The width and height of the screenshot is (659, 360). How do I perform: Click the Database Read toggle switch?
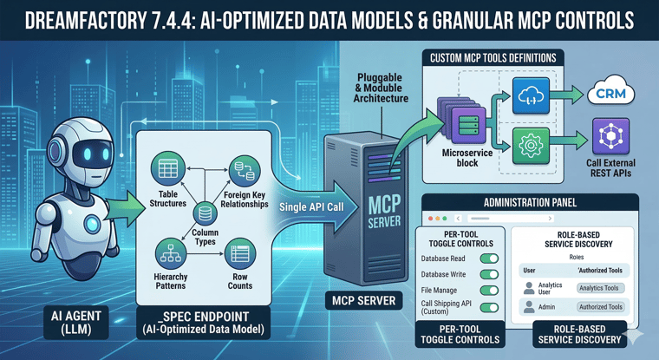tap(489, 259)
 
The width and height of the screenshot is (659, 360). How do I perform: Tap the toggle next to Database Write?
tap(489, 275)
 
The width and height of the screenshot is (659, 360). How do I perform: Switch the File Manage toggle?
tap(489, 291)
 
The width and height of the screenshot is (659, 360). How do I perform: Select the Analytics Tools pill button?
tap(600, 288)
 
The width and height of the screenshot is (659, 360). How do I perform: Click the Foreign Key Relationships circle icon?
tap(239, 168)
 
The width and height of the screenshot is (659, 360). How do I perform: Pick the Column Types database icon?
tap(206, 213)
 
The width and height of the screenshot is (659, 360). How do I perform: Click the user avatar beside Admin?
tap(529, 307)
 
